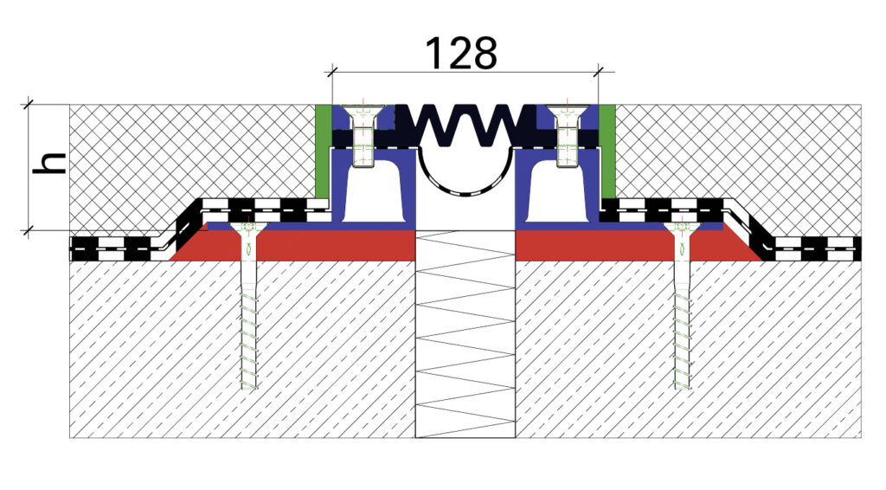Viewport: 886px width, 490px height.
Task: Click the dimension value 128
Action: point(460,53)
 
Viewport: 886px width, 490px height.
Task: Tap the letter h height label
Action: point(49,163)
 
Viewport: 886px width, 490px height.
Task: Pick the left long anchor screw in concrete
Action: point(248,306)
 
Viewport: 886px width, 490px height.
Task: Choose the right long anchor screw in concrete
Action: point(683,306)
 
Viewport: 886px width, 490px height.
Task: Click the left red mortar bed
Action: point(294,244)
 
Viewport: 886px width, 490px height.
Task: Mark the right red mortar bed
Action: point(639,244)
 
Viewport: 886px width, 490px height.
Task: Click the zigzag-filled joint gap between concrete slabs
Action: point(465,333)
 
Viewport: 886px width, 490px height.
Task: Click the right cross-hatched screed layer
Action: point(741,152)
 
